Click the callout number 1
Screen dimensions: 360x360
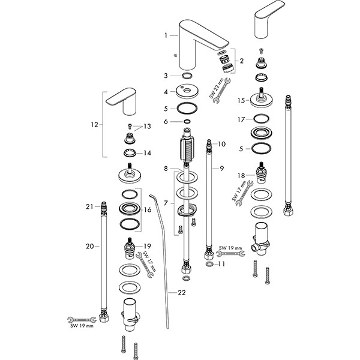(x=166, y=35)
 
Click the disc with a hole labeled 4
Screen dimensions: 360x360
(x=187, y=92)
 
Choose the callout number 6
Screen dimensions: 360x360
(x=166, y=121)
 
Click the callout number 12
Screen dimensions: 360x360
(x=93, y=125)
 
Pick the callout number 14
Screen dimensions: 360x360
(x=147, y=153)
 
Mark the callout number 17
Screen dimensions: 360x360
(x=240, y=119)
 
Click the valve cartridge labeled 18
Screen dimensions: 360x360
(x=262, y=173)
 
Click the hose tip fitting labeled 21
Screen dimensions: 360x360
(x=104, y=208)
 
